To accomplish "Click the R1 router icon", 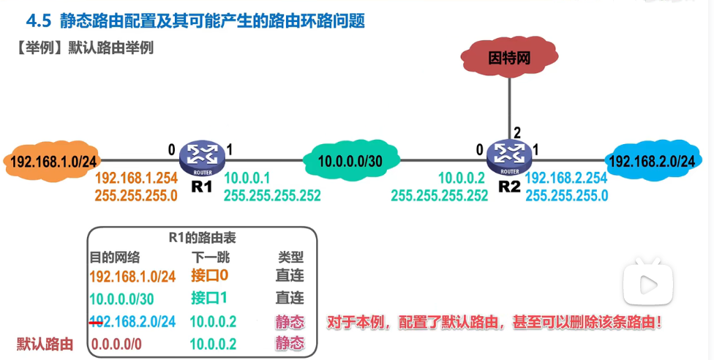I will point(201,155).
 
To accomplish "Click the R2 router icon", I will point(508,155).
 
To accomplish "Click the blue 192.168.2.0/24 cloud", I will point(652,160).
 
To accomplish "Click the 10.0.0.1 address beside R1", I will point(247,178).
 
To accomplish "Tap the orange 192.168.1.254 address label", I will point(136,178).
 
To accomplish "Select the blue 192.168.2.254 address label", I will point(565,178).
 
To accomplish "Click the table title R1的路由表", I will point(202,238).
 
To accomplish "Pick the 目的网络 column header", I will point(115,258).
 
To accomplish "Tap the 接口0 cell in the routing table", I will point(209,276).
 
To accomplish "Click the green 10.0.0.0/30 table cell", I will point(121,299).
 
